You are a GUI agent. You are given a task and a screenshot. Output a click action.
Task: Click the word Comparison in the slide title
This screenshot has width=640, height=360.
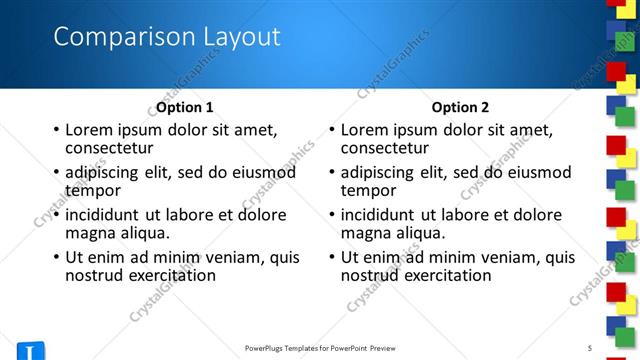pyautogui.click(x=111, y=38)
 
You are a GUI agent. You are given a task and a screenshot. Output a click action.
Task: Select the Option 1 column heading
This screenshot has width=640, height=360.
pyautogui.click(x=185, y=107)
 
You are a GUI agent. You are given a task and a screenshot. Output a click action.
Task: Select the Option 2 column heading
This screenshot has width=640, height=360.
pyautogui.click(x=461, y=107)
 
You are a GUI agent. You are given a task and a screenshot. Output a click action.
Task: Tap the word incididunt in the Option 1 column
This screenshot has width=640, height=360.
pyautogui.click(x=103, y=214)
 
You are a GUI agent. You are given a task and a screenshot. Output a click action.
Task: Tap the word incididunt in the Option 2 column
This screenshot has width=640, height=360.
pyautogui.click(x=379, y=214)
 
